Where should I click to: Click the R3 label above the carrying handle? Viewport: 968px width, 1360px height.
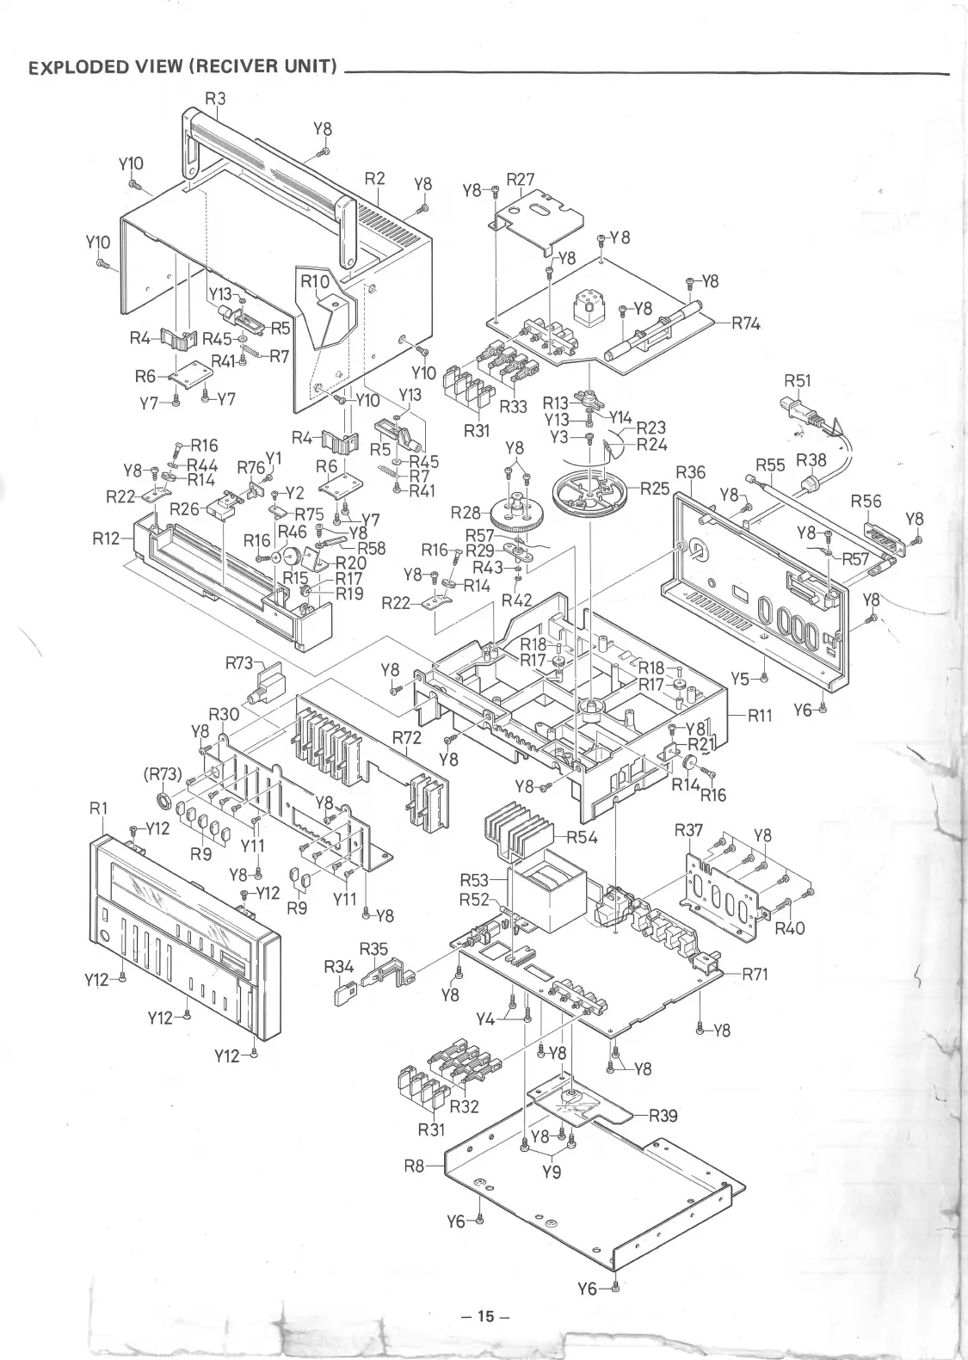click(x=214, y=98)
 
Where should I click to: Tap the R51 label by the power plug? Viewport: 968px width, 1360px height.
click(x=798, y=380)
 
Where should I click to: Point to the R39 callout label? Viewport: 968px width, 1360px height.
click(x=663, y=1116)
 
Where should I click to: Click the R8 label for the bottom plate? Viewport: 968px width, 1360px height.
click(x=416, y=1167)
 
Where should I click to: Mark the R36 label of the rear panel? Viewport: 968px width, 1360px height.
click(x=691, y=472)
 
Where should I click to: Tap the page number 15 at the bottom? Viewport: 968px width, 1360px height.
click(x=485, y=1316)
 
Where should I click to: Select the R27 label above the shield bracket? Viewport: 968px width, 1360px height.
click(x=520, y=179)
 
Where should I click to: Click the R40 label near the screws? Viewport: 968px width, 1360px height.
click(x=789, y=928)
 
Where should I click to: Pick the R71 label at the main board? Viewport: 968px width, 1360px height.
click(x=754, y=975)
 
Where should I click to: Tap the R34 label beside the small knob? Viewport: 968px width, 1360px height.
click(x=339, y=967)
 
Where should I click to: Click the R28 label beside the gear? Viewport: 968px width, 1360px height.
click(x=466, y=514)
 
